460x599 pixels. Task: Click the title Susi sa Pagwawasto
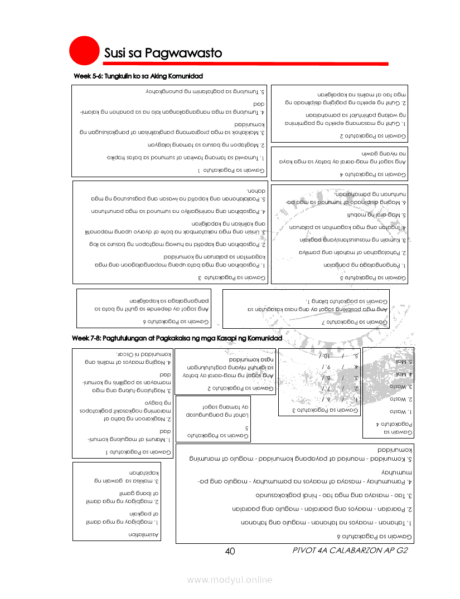163,53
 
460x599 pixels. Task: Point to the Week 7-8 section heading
177,338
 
